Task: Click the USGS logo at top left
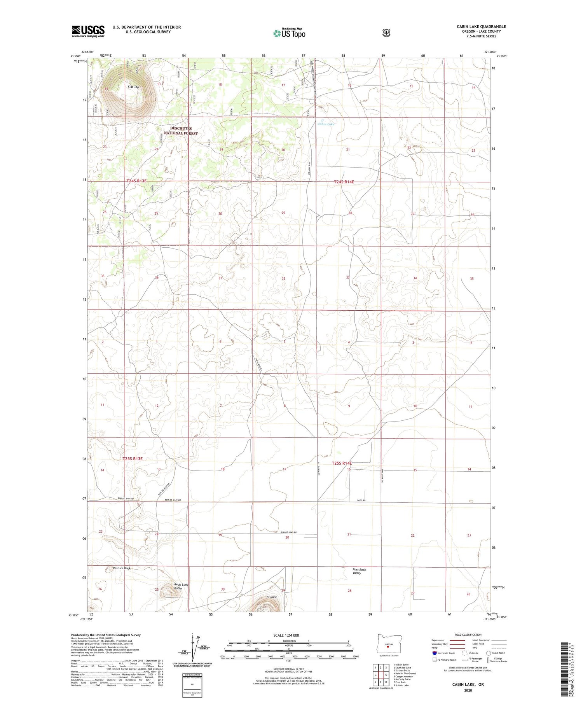click(88, 31)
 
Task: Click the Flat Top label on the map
click(133, 87)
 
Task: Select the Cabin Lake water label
click(325, 124)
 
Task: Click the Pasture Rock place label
click(121, 568)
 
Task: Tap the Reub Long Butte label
click(181, 586)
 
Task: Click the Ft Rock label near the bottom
click(271, 597)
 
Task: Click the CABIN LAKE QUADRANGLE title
click(481, 27)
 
